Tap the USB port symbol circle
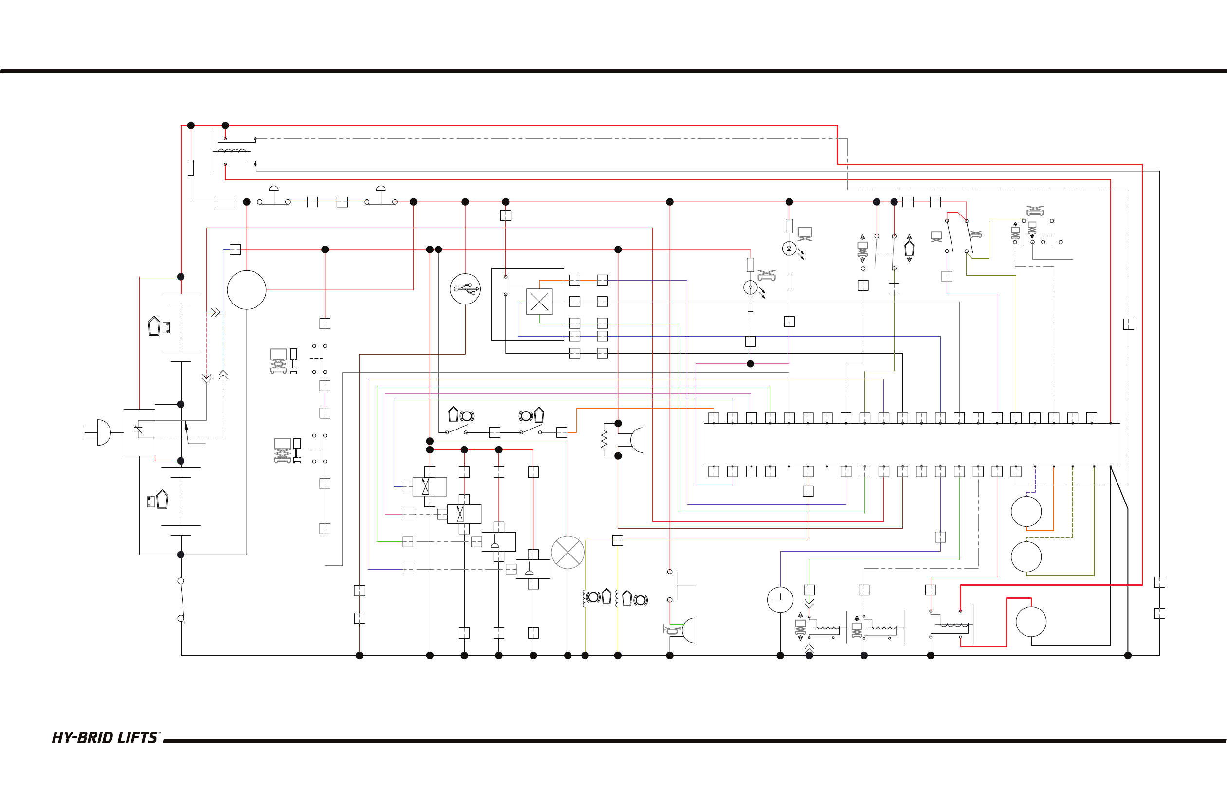coord(465,289)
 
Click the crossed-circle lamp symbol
coord(568,552)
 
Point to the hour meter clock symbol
coord(780,600)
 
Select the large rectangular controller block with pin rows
coord(912,445)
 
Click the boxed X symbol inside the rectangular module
coord(539,302)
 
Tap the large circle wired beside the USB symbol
coord(246,289)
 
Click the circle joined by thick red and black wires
coord(1031,622)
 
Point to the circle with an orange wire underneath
coord(1026,511)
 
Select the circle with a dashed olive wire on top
coord(1026,556)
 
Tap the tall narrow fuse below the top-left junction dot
coord(191,167)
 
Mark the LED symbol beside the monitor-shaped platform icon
coord(789,249)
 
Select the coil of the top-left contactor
coord(232,151)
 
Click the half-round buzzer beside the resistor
coord(637,440)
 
